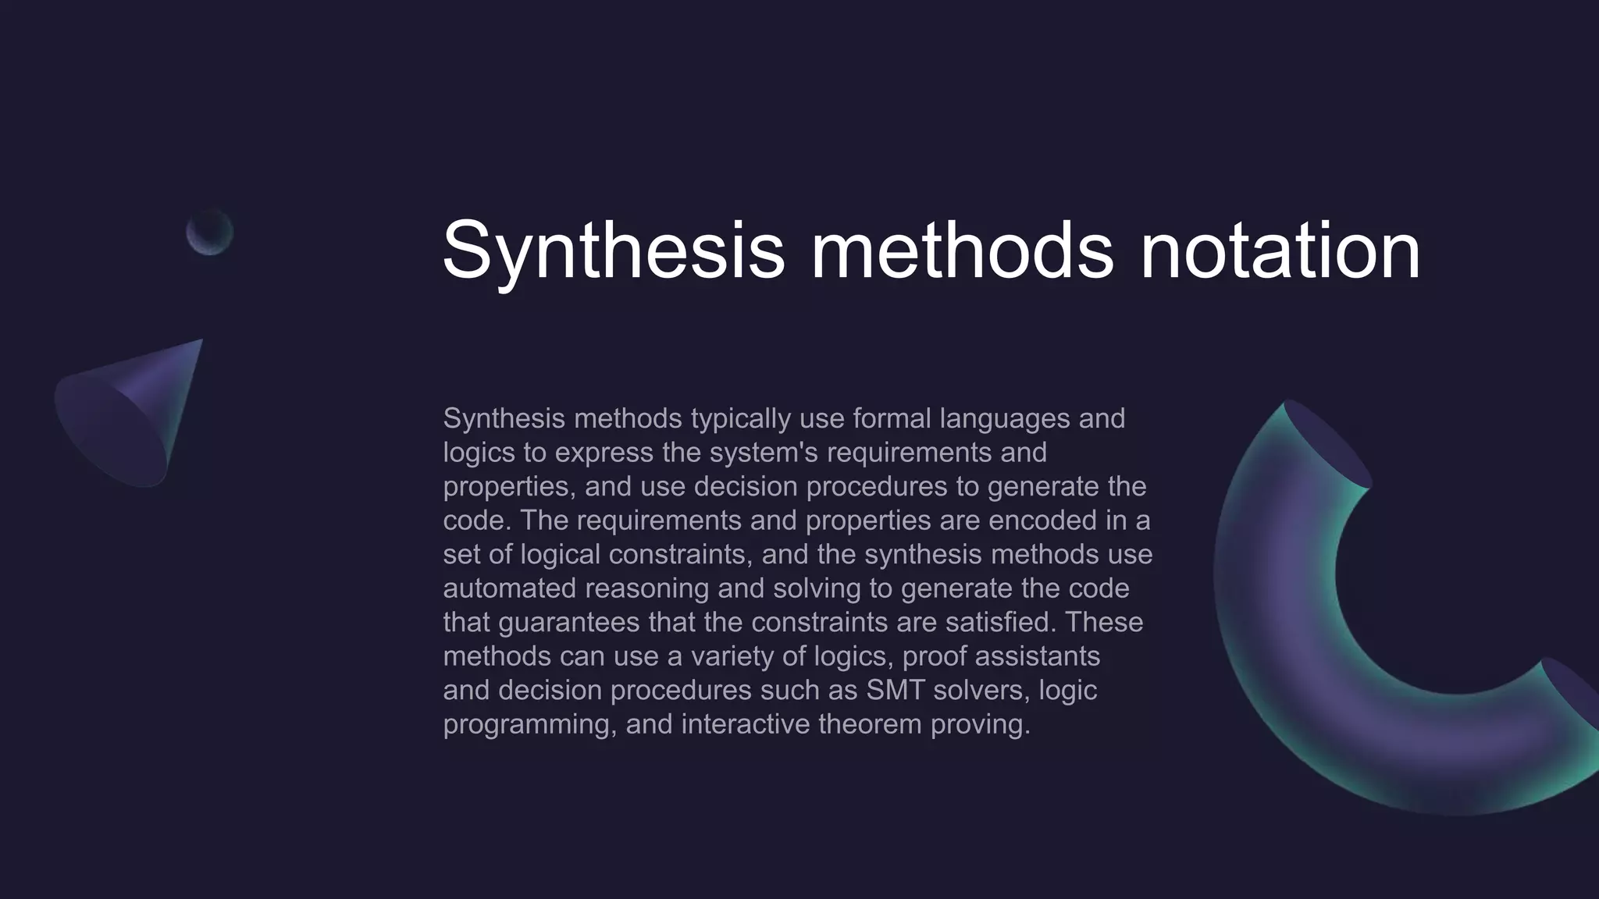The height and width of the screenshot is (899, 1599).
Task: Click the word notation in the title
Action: [x=1280, y=251]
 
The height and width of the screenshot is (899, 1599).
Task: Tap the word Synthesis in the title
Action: [x=613, y=251]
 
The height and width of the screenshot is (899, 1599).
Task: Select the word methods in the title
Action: [x=962, y=251]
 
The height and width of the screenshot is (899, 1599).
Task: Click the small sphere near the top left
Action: [x=209, y=232]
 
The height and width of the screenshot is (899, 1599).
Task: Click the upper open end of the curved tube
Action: [x=1327, y=445]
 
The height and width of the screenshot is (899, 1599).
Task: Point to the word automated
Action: [x=509, y=588]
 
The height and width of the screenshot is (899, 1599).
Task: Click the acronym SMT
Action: [x=895, y=691]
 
